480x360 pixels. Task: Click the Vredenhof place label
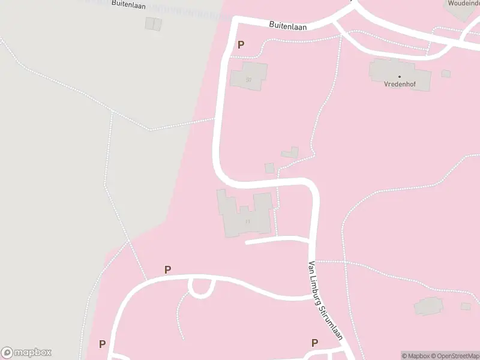pos(400,85)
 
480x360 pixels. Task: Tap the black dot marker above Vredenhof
pos(400,77)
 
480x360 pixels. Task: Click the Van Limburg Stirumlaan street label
pos(325,300)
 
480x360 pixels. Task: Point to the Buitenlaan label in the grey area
pos(128,4)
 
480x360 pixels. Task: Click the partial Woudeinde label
pos(464,3)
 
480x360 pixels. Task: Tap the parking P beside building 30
pos(241,44)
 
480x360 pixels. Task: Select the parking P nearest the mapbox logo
pos(103,344)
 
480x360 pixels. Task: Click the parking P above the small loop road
pos(167,270)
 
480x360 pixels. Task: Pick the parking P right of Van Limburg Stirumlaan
pos(314,343)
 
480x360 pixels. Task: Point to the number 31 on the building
pos(247,221)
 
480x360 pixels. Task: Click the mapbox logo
pos(26,353)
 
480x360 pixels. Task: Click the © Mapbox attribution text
pos(415,356)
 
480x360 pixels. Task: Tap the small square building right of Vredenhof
pos(446,74)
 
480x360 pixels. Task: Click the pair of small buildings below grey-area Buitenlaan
pos(154,24)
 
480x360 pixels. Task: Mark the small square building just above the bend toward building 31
pos(269,169)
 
